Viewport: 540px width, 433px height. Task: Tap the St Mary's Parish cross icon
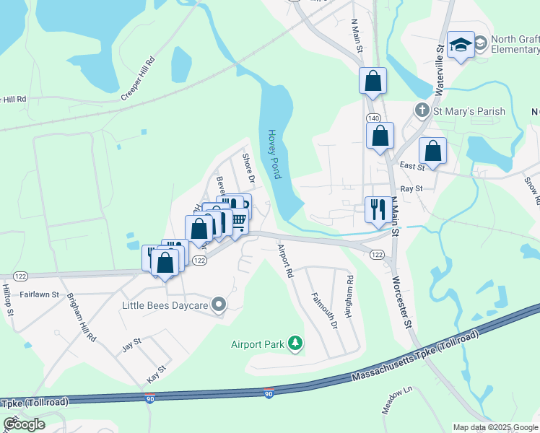[422, 111]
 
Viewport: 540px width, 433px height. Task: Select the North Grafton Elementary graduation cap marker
[460, 45]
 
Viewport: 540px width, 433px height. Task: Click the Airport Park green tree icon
[295, 344]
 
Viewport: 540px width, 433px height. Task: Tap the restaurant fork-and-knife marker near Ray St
[378, 210]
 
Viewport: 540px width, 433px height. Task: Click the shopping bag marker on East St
[432, 151]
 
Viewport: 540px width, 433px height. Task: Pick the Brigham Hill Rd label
[82, 317]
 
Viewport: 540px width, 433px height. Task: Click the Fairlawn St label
[39, 294]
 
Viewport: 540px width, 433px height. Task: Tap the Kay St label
[157, 373]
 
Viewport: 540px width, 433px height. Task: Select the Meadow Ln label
[398, 399]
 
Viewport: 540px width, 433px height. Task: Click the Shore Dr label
[249, 167]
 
